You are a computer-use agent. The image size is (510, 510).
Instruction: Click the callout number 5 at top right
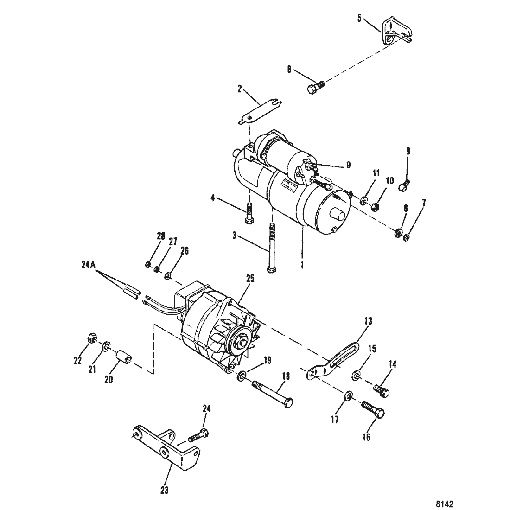point(359,18)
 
